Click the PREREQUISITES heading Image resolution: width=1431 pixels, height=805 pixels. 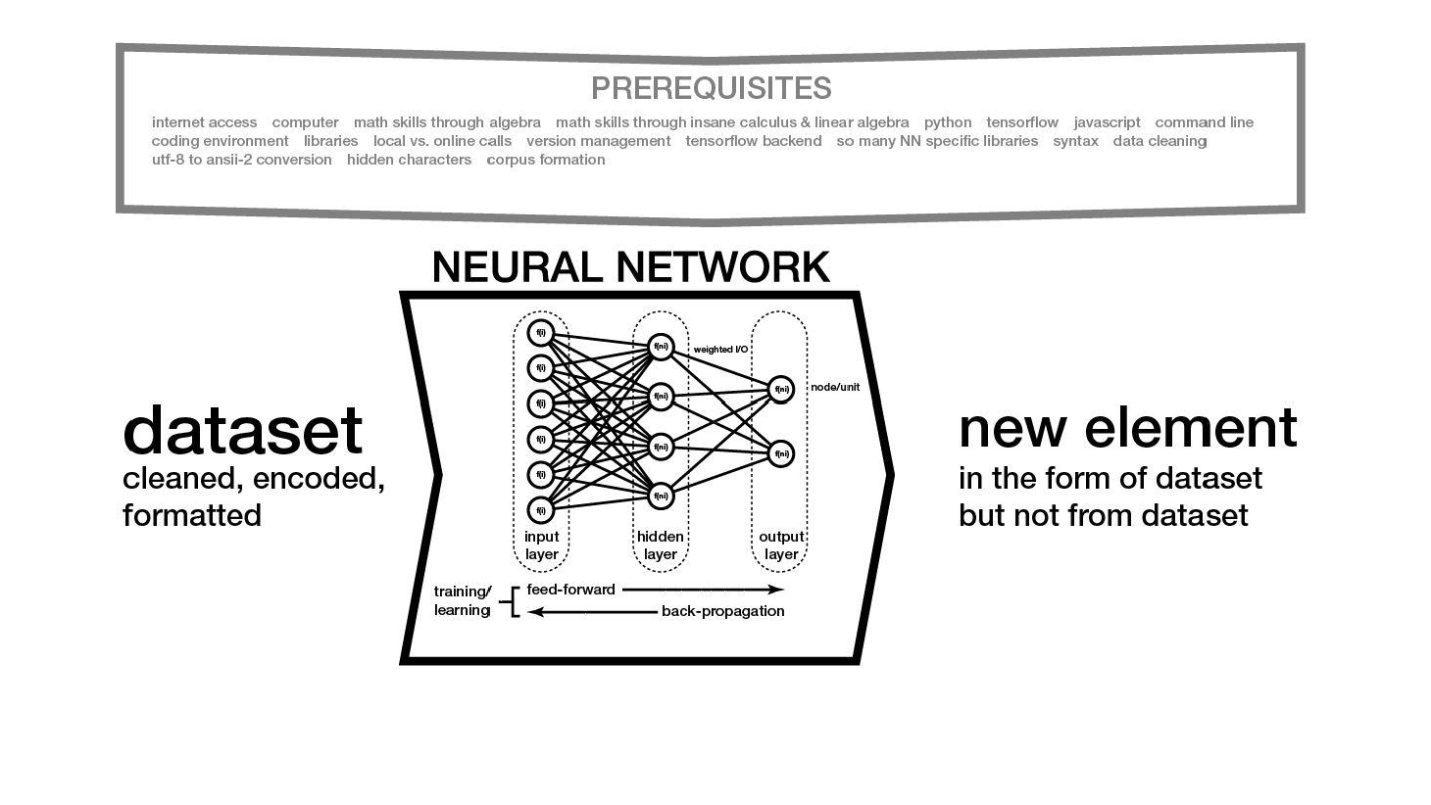pos(711,88)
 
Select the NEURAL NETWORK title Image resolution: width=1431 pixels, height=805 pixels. pos(630,267)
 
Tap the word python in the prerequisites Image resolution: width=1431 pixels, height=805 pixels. pos(947,122)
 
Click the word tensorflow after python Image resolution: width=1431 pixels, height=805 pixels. pos(1021,122)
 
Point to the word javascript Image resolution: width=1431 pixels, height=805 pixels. pos(1107,122)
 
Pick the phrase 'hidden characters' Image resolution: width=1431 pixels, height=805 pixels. pos(409,160)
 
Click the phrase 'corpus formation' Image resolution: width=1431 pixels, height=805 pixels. pos(545,160)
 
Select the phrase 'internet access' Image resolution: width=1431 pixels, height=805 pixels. pos(204,122)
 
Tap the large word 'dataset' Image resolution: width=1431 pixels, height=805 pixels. pos(242,431)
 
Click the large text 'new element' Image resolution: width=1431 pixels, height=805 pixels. pos(1127,428)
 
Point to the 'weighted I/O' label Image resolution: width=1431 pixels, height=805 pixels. pos(720,350)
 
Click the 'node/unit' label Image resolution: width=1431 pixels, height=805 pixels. pos(835,387)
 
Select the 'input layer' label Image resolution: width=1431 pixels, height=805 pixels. pos(541,545)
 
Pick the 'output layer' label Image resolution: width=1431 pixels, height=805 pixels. pos(781,545)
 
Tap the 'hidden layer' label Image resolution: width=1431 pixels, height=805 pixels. pos(660,545)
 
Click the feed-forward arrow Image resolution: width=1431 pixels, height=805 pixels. pos(702,590)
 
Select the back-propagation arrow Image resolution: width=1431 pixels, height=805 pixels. pos(593,612)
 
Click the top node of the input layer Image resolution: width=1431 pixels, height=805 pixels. pos(540,333)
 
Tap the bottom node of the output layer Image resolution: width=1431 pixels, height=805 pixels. pos(781,454)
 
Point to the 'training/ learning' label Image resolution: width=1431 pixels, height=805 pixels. pos(462,600)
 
